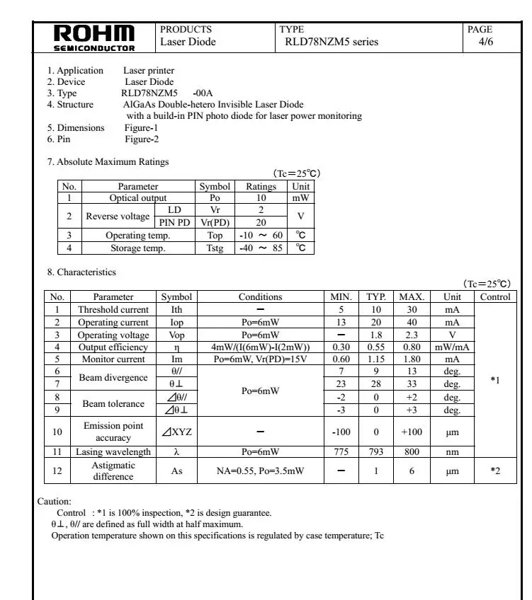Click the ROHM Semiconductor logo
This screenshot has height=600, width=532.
[95, 38]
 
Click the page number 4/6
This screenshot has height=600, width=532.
[486, 42]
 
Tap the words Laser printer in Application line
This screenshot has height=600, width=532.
[149, 71]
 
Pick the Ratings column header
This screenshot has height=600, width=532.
[261, 187]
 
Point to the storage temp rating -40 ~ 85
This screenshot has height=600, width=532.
[261, 248]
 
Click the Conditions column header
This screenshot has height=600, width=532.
[260, 297]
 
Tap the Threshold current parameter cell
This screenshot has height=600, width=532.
[113, 310]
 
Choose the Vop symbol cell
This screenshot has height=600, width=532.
[176, 335]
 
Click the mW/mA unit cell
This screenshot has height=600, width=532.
[452, 347]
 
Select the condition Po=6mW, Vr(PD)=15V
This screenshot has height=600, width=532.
[260, 360]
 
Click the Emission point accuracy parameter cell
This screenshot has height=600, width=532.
[113, 432]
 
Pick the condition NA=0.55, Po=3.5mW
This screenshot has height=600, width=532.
[260, 471]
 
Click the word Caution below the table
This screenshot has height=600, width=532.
[55, 502]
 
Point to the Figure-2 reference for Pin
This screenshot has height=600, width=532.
[142, 139]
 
